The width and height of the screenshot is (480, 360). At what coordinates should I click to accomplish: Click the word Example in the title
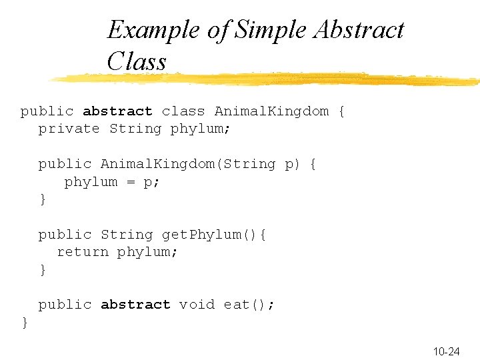[144, 31]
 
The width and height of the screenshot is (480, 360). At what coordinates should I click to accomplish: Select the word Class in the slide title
[136, 62]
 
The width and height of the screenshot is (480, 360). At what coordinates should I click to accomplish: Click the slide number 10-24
[446, 351]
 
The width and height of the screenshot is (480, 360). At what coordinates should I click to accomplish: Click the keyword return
[83, 252]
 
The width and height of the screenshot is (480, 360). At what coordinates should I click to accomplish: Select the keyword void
[197, 305]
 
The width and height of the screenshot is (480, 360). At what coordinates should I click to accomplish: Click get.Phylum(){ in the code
[214, 235]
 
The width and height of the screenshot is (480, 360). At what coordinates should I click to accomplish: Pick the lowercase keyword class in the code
[183, 111]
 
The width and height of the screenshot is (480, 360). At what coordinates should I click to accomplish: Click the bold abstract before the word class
[117, 111]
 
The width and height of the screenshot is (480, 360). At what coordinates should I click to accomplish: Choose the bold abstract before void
[135, 305]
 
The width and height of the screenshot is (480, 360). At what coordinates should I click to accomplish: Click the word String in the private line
[135, 129]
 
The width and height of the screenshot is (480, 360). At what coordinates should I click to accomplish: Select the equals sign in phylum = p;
[131, 182]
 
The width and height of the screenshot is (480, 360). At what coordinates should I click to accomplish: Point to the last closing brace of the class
[25, 323]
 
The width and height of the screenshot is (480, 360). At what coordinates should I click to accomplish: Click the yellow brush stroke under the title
[267, 80]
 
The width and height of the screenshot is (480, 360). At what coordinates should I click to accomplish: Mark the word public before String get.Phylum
[65, 235]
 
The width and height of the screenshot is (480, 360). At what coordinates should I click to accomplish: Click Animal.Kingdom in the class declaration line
[271, 111]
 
